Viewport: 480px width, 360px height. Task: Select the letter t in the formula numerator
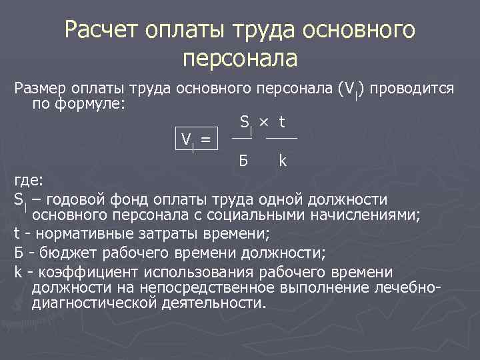click(282, 122)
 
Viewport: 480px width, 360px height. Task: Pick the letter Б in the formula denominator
click(243, 161)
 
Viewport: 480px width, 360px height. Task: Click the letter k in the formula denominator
click(283, 161)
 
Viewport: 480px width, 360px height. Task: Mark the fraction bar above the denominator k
click(281, 138)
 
